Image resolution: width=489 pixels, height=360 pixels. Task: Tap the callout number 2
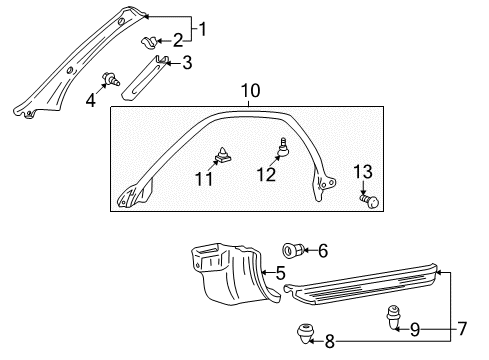click(178, 41)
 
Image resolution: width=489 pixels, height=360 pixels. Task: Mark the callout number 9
click(415, 327)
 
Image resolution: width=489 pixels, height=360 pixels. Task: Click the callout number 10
click(250, 92)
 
